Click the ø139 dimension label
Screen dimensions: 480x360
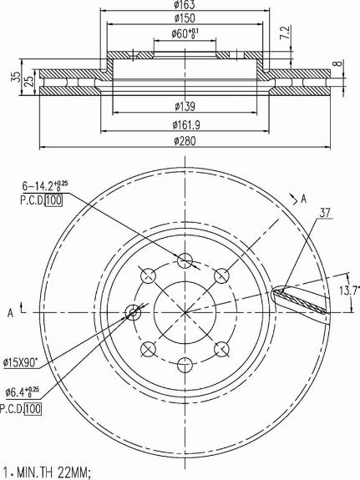[185, 107]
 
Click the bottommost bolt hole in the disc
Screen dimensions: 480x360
[185, 365]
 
